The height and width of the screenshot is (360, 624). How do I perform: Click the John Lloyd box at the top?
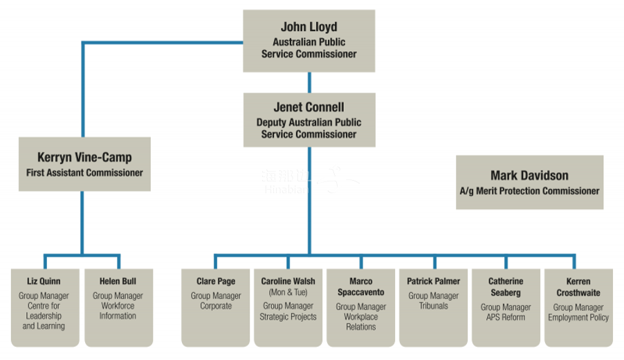click(x=309, y=41)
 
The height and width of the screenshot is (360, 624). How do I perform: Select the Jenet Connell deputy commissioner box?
click(x=309, y=120)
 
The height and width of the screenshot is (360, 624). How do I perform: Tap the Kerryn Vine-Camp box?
click(x=84, y=164)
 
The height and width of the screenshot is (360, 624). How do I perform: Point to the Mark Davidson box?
click(x=529, y=182)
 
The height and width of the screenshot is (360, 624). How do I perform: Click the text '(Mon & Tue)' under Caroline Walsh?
click(x=288, y=292)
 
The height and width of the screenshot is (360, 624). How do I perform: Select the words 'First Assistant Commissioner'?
click(x=84, y=172)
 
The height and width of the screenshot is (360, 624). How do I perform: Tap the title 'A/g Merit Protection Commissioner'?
click(x=529, y=190)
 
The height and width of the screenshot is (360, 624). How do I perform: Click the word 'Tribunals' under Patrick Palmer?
click(x=433, y=305)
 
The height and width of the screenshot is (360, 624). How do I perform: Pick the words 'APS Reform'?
click(x=506, y=317)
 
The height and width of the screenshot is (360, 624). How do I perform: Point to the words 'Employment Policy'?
click(x=578, y=317)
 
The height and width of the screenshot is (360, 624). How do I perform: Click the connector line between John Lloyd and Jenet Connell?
click(x=309, y=82)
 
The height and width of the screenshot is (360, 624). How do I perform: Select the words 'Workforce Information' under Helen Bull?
click(x=118, y=311)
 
